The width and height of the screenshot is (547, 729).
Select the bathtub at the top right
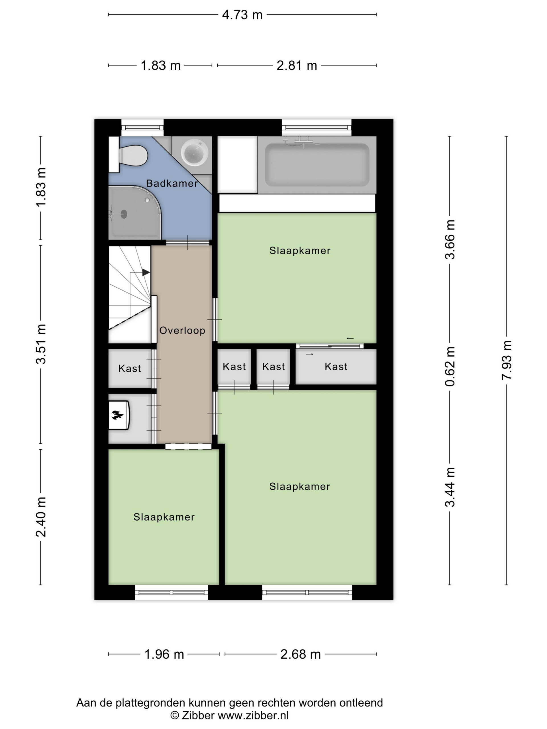point(317,165)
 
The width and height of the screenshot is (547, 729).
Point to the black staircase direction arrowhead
point(146,273)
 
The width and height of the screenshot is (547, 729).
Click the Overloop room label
point(182,330)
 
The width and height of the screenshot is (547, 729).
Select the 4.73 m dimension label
point(242,15)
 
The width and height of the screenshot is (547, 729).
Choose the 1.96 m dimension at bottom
point(164,654)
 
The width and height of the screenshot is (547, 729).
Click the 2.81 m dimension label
point(297,65)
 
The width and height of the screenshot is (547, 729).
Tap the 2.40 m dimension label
point(41,517)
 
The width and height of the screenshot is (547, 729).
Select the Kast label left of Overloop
point(130,368)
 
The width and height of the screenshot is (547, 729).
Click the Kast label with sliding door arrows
point(336,366)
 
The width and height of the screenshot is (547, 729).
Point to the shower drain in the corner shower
point(124,214)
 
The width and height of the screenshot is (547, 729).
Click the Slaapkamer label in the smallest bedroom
point(164,517)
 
